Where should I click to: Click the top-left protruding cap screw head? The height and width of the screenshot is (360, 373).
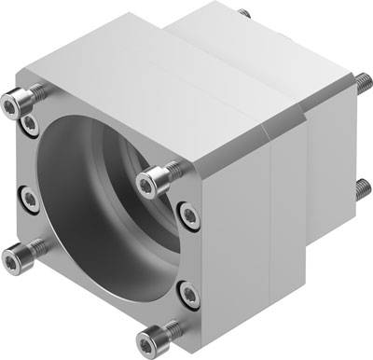pos(25,95)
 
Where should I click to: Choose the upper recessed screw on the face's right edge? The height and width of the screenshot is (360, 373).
pos(189,217)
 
